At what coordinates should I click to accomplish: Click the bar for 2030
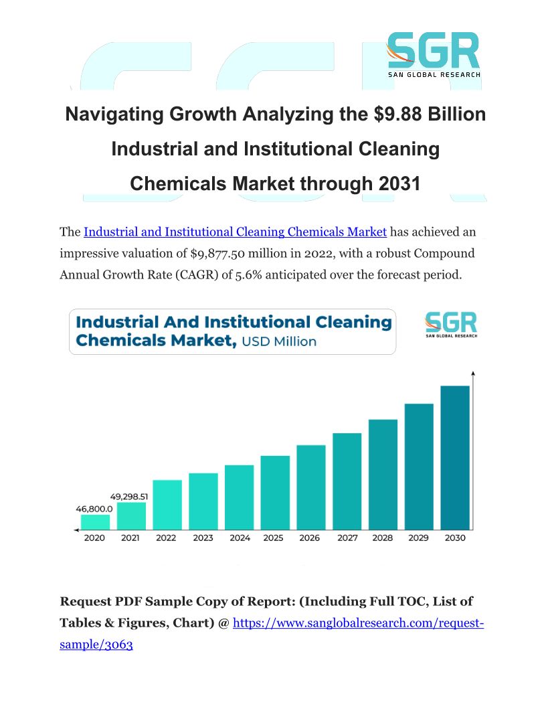(x=455, y=458)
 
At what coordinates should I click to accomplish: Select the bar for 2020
(x=95, y=522)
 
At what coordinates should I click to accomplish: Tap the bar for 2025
(x=275, y=493)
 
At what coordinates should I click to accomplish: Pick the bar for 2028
(x=383, y=475)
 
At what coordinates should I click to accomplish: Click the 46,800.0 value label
(x=94, y=509)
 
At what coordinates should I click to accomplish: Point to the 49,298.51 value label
(x=130, y=497)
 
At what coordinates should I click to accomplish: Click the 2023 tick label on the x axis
(x=203, y=538)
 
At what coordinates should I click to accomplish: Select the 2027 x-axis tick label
(x=347, y=538)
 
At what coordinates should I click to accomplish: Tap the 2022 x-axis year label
(x=167, y=538)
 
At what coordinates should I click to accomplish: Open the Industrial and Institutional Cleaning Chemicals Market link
(x=235, y=232)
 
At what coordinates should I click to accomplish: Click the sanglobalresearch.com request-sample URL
(x=357, y=623)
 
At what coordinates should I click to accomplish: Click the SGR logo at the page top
(x=433, y=52)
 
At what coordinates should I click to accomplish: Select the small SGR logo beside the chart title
(x=451, y=324)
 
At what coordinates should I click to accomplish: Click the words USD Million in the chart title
(x=278, y=341)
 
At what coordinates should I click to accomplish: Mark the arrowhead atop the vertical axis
(x=473, y=373)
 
